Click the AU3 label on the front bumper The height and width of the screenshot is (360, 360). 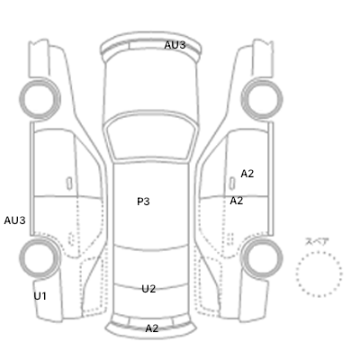[x=175, y=45]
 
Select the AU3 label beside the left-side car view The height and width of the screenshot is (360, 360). [x=14, y=220]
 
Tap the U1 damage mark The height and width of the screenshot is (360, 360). [x=40, y=296]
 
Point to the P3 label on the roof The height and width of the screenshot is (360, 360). [x=143, y=202]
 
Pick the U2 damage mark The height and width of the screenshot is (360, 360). [x=148, y=289]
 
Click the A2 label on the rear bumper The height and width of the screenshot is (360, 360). [x=152, y=328]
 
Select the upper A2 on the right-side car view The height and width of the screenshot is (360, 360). [x=247, y=174]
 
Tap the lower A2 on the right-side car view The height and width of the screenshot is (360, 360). [x=237, y=201]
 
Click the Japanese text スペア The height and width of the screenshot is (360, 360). [x=317, y=242]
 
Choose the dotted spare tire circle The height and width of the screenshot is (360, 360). [x=319, y=252]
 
